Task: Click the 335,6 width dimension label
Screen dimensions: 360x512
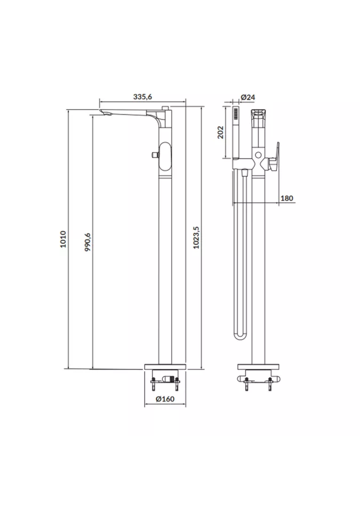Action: (143, 97)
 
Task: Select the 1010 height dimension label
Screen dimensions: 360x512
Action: (63, 239)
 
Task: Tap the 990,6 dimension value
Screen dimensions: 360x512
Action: (87, 242)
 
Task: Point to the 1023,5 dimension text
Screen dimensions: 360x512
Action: (196, 237)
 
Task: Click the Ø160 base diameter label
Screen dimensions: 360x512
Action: (165, 399)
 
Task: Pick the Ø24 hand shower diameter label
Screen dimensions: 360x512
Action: (247, 97)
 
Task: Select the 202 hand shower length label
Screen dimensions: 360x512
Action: (221, 132)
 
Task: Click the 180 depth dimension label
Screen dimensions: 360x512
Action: (287, 198)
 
